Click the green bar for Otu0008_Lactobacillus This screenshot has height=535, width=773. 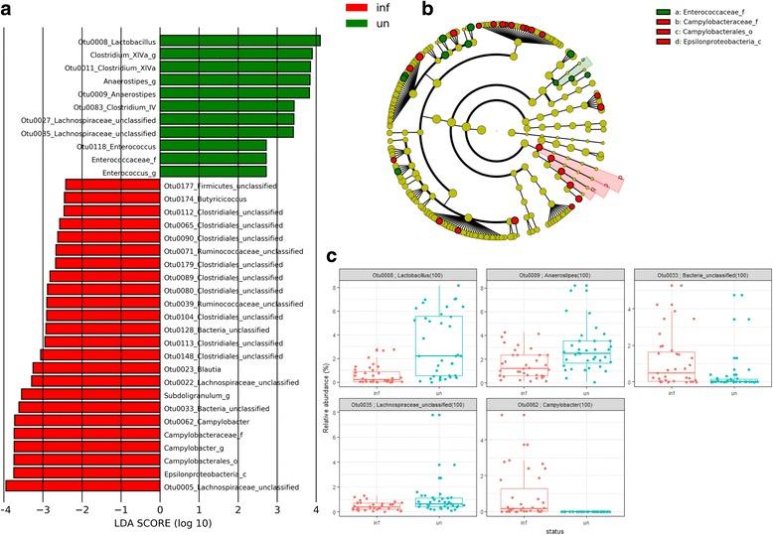point(239,41)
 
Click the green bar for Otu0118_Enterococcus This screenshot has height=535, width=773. point(213,145)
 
